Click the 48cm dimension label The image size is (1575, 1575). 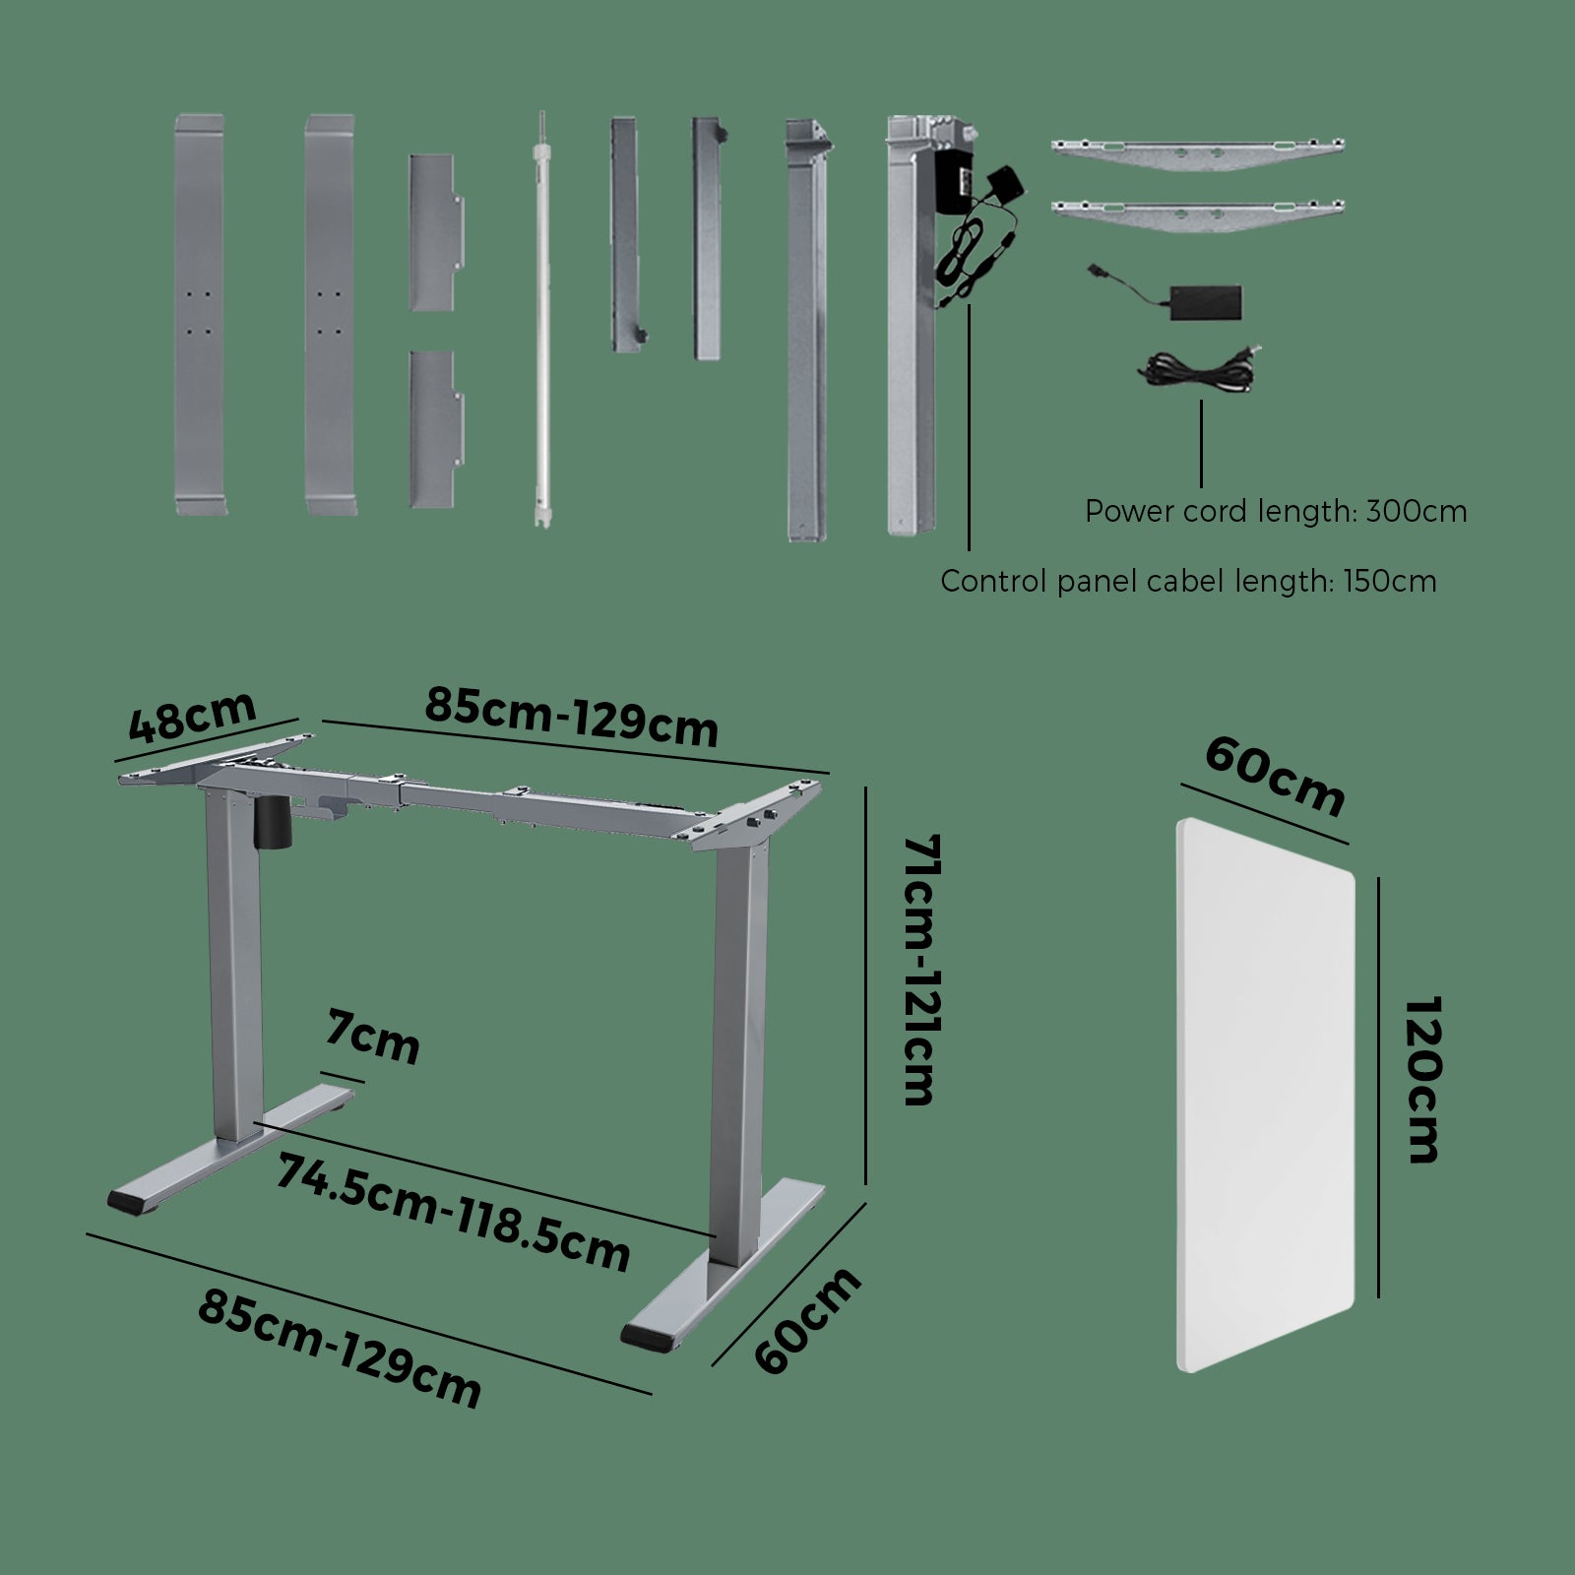coord(193,716)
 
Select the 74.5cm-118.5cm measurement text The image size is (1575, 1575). coord(453,1214)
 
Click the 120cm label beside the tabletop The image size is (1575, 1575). coord(1420,1080)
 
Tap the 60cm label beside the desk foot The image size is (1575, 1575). coord(807,1321)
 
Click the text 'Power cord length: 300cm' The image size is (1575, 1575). coord(1276,512)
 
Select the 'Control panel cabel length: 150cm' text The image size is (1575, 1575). coord(1188,581)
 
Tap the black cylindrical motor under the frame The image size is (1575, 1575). coord(273,821)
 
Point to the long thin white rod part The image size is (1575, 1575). coord(541,319)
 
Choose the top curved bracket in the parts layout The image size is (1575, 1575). coord(1198,154)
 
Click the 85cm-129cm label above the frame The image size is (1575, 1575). coord(571,716)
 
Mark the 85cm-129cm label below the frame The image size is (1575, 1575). coord(340,1349)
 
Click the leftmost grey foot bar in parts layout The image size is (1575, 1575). coord(200,314)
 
